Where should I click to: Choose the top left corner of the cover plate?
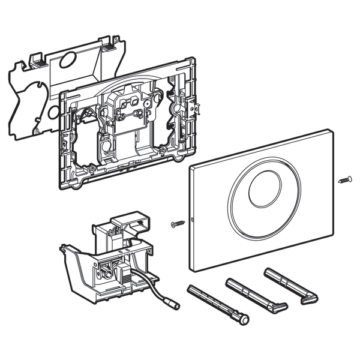coord(190,166)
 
